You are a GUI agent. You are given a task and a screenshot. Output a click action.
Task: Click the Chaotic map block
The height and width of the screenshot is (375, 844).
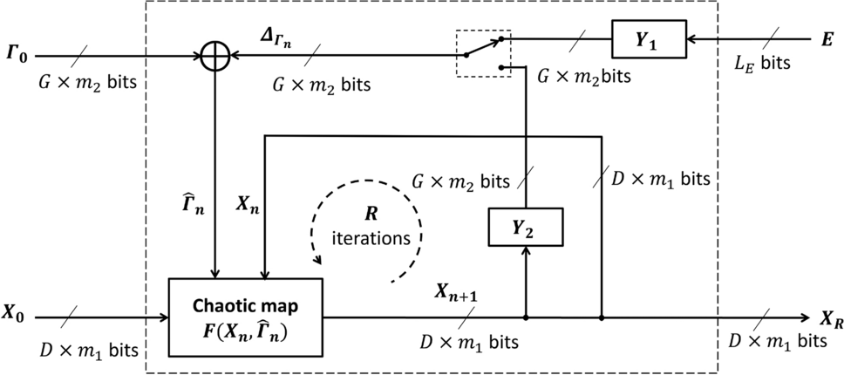coord(246,317)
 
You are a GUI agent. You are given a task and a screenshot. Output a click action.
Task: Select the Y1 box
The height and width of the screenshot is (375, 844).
coord(649,38)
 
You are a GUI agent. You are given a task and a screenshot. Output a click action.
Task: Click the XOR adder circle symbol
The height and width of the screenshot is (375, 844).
coord(214,57)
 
